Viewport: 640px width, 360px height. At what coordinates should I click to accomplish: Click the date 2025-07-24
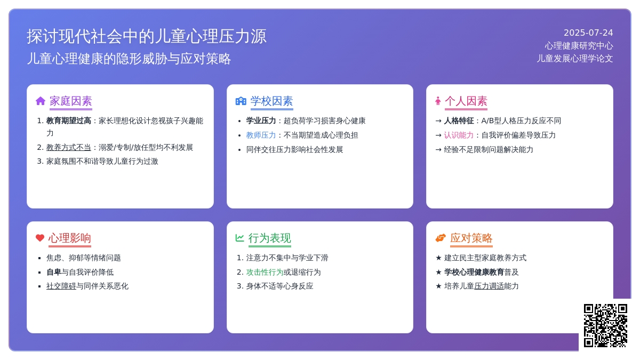588,33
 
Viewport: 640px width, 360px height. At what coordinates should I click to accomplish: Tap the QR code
605,325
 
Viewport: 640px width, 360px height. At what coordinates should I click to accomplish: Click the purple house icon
41,101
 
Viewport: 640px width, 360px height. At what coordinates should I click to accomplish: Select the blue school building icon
241,101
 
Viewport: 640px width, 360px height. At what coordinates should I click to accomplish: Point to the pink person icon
438,101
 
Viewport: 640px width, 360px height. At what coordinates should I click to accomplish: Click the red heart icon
40,238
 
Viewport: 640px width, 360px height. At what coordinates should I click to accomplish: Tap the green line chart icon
239,238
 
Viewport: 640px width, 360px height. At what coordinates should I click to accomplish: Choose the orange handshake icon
441,238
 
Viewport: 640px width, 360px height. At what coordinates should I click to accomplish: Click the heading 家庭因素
71,101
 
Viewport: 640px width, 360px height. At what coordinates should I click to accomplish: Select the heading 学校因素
271,101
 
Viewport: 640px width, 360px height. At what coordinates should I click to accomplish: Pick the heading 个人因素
466,101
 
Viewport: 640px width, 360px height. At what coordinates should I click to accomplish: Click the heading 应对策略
471,238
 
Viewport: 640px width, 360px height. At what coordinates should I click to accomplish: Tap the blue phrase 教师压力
261,135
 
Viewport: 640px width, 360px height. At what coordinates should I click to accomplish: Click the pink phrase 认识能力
459,135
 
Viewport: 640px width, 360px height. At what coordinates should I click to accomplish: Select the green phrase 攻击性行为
265,273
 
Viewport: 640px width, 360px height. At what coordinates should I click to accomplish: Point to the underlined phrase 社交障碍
61,286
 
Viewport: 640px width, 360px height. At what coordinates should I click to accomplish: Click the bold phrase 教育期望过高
69,121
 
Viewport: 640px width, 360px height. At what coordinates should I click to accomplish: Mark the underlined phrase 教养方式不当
69,147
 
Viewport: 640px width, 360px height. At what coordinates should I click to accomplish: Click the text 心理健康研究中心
579,46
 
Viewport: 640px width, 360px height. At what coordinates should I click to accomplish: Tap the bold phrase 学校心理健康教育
474,273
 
